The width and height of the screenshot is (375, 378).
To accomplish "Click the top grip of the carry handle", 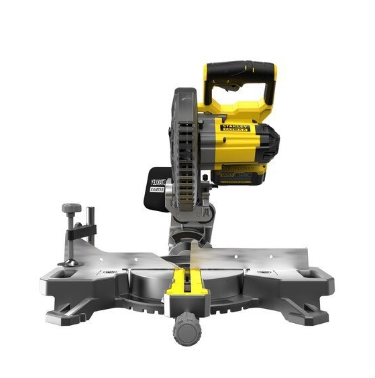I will pyautogui.click(x=239, y=69).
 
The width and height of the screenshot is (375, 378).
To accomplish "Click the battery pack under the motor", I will pyautogui.click(x=242, y=176).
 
